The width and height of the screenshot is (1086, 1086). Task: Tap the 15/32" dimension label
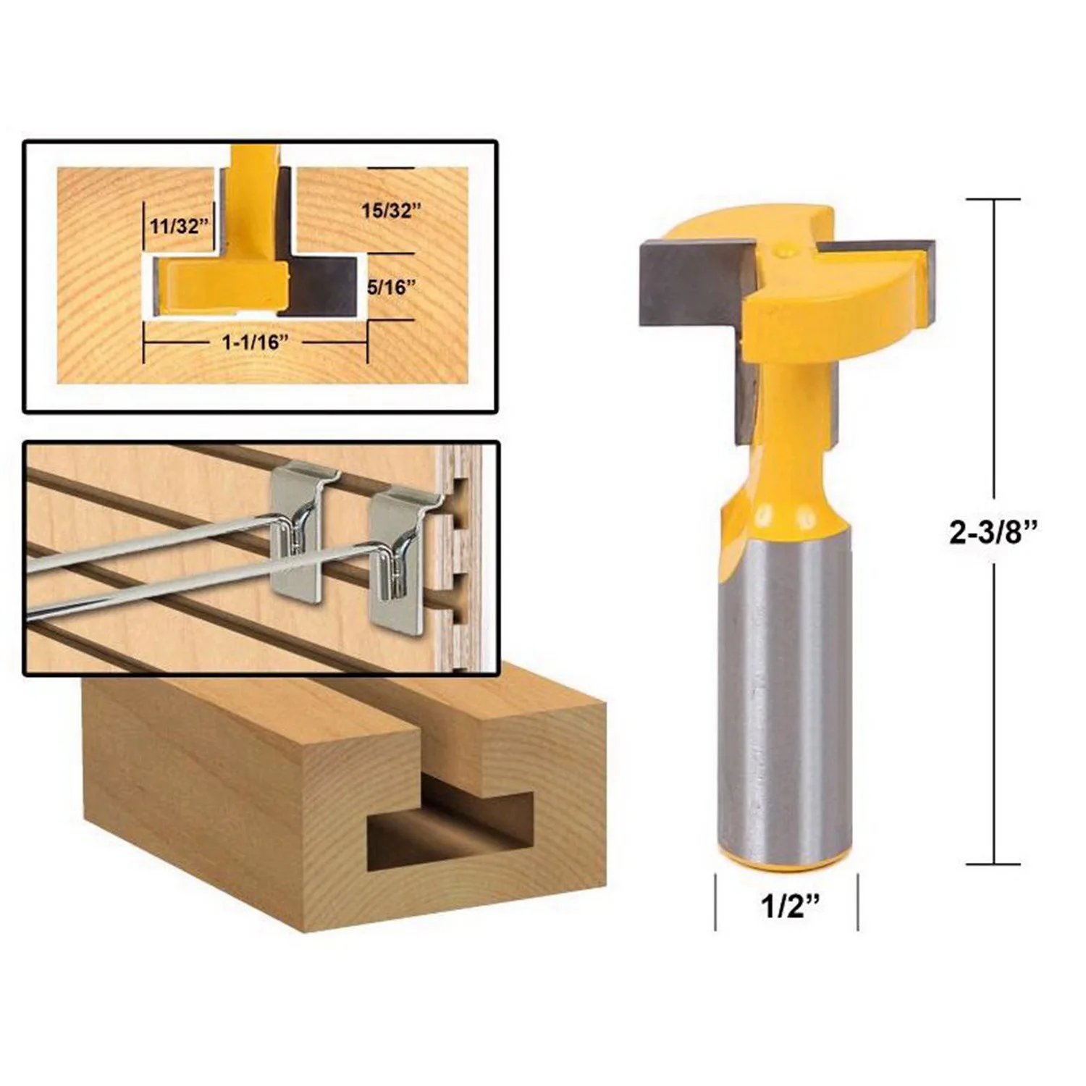pos(391,211)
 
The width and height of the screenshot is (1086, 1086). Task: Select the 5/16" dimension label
pos(392,287)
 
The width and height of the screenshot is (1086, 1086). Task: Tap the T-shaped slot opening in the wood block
pos(449,825)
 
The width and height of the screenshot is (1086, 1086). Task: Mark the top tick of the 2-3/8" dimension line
pos(993,199)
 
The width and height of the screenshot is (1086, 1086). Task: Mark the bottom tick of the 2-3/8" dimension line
pos(993,864)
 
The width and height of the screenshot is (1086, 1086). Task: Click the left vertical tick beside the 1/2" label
pos(715,901)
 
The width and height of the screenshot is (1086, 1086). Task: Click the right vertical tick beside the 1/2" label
pos(858,901)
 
